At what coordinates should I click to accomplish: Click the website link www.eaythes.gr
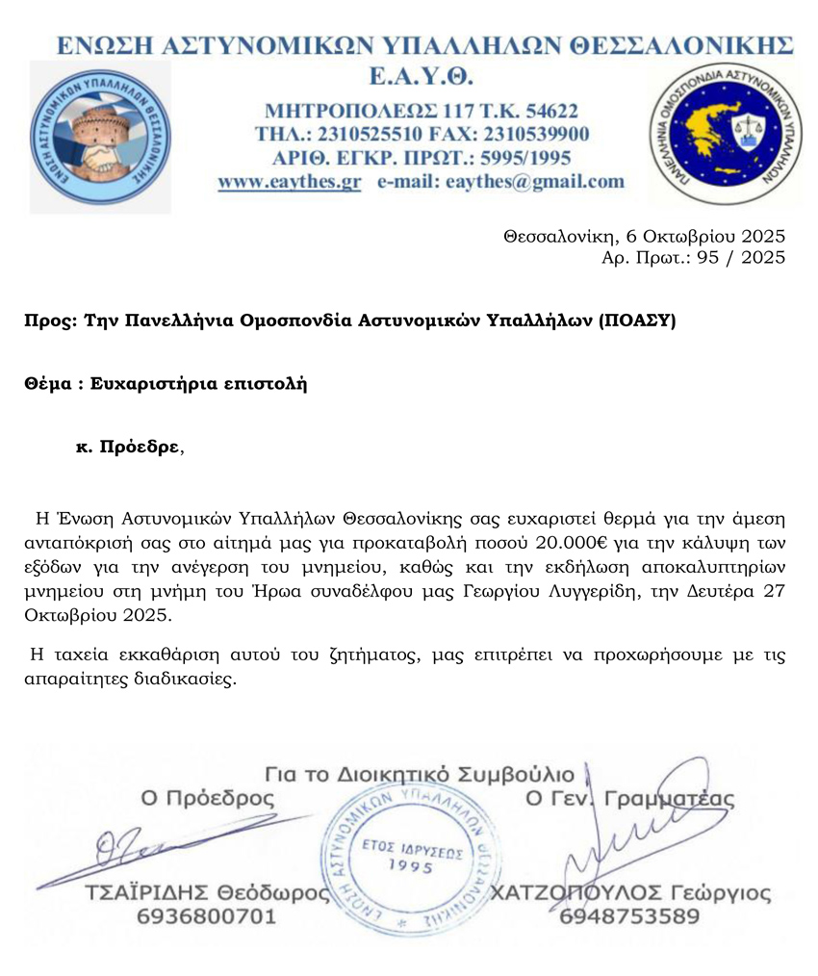pos(289,181)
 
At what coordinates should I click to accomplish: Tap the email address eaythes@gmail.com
pos(535,181)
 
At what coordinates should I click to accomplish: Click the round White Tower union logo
pos(100,137)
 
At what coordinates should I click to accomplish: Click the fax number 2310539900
pos(536,133)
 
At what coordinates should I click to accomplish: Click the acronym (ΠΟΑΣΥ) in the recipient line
pos(637,321)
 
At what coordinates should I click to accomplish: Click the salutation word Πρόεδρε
pos(139,448)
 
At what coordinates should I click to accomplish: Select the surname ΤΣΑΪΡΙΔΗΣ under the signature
pos(146,893)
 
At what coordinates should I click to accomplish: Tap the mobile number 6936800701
pos(207,917)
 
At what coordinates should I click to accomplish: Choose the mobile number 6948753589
pos(629,917)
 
